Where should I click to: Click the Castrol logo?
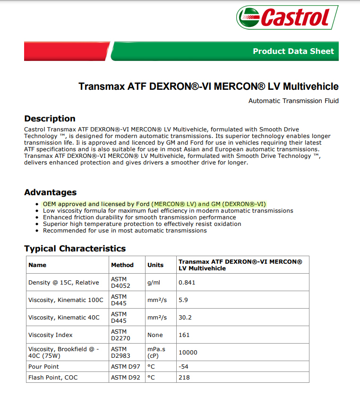[287, 17]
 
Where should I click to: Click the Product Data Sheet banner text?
[293, 51]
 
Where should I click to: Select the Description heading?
[50, 119]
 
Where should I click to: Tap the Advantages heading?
[50, 192]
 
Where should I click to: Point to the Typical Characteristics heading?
[75, 249]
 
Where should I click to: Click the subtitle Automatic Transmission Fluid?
[293, 101]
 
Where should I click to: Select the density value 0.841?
[187, 283]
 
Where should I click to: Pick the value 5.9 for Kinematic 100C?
[183, 300]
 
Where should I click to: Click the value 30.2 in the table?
[185, 318]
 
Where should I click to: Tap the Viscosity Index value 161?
[184, 335]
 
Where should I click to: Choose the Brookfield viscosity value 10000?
[188, 353]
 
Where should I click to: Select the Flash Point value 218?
[184, 378]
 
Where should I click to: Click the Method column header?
[122, 265]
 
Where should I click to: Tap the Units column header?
[155, 265]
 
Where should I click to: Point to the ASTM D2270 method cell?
[120, 335]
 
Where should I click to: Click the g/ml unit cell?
[154, 283]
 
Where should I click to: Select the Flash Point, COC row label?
[53, 378]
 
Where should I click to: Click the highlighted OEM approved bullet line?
[154, 204]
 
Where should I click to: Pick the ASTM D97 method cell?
[125, 367]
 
